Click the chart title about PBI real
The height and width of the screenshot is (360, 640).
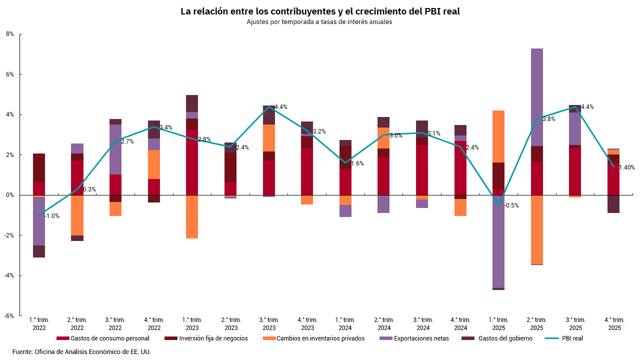pos(320,11)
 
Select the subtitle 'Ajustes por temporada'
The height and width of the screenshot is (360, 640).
pos(320,22)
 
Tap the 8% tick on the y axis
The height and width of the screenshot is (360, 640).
pos(10,34)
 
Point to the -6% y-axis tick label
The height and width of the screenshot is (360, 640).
pos(9,316)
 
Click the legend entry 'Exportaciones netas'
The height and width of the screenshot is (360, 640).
pos(421,338)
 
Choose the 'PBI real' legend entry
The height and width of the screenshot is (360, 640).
pos(572,338)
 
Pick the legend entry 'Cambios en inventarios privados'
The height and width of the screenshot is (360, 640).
pos(320,338)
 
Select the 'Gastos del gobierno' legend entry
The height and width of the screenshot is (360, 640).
pos(505,338)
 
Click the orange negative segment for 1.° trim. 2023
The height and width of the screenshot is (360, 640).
pos(192,216)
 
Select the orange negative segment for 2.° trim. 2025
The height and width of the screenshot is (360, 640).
pos(537,229)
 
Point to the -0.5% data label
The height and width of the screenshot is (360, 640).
pos(511,205)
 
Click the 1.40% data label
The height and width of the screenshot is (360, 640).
pos(626,167)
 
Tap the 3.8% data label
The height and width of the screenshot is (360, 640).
pos(549,119)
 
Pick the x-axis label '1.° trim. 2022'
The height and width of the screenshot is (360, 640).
pos(39,324)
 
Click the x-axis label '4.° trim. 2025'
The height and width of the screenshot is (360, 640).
pos(614,324)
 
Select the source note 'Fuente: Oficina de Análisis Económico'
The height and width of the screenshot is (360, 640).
pos(81,351)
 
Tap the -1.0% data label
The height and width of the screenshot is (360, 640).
pos(52,216)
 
